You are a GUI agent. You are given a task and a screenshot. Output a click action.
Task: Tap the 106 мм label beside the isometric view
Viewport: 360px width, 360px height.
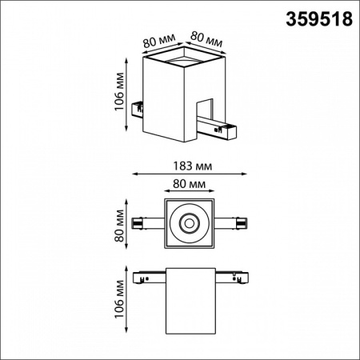(x=118, y=95)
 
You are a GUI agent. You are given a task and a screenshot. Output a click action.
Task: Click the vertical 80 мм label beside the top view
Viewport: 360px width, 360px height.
(x=118, y=225)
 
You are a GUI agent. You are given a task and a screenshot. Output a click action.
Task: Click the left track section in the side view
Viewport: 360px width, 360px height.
(x=149, y=277)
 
